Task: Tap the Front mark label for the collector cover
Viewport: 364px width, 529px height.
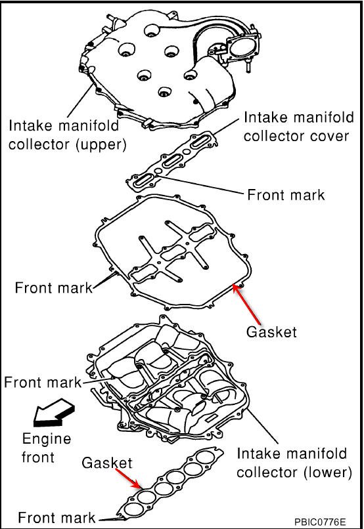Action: click(x=285, y=195)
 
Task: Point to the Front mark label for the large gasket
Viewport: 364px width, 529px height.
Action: click(x=53, y=287)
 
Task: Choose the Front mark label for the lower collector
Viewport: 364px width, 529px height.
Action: click(x=43, y=382)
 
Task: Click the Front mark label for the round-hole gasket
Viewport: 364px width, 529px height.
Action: click(x=57, y=517)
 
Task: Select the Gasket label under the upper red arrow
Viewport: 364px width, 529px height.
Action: click(x=271, y=332)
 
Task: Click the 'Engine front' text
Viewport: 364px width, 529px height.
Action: click(x=47, y=447)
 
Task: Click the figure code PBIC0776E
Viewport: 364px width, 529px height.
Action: click(x=321, y=521)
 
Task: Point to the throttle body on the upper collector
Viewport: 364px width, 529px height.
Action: click(x=238, y=49)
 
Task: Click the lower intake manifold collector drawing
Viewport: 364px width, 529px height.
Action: click(x=171, y=381)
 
